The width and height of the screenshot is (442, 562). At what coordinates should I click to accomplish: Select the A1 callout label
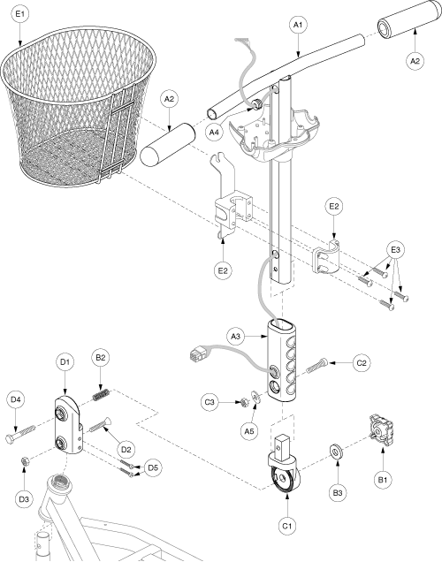click(298, 25)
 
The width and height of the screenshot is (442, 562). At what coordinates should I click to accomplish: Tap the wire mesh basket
click(78, 105)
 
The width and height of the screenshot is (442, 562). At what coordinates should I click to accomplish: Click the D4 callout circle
click(15, 399)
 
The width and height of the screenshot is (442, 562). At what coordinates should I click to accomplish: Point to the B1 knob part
click(381, 429)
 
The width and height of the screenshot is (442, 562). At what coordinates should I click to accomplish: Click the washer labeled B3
click(336, 452)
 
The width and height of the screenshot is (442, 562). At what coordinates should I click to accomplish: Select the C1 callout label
click(287, 526)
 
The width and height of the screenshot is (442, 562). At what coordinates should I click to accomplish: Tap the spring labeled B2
click(101, 395)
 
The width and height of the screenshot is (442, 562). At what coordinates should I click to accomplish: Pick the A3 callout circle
click(235, 337)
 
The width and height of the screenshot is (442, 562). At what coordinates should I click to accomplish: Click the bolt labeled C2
click(316, 366)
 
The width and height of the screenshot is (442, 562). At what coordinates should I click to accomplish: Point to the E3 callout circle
click(395, 250)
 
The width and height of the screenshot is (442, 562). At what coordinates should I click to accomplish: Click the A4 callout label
click(214, 133)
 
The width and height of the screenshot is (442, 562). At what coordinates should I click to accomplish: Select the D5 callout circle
click(153, 467)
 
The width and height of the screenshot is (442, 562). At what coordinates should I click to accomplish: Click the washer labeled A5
click(256, 397)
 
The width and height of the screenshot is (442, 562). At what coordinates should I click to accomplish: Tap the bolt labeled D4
click(21, 433)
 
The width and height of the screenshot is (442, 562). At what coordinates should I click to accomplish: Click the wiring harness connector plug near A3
click(196, 355)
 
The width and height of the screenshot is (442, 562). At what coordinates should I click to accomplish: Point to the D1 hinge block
click(69, 424)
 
